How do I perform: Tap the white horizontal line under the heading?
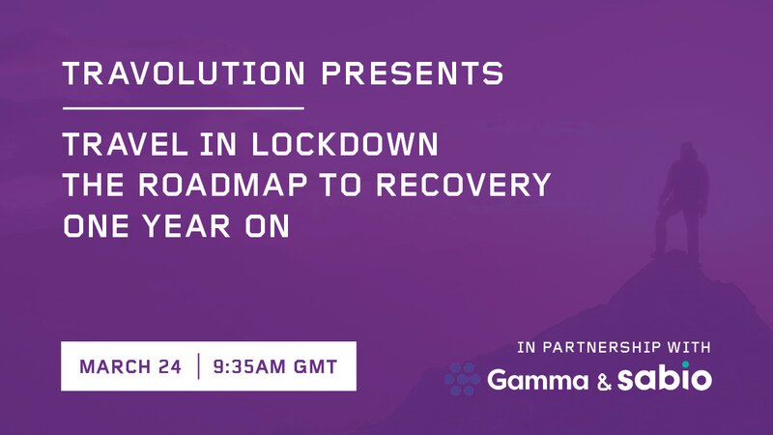183,107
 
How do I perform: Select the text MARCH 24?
133,367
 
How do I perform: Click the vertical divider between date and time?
198,367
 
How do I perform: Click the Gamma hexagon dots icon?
462,379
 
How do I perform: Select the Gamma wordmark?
536,381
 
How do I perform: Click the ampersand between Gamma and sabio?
604,381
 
